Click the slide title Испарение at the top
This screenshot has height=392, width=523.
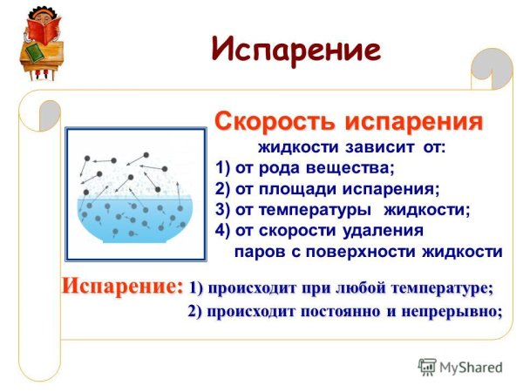(x=296, y=49)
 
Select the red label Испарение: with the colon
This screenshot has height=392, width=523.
(x=122, y=285)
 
